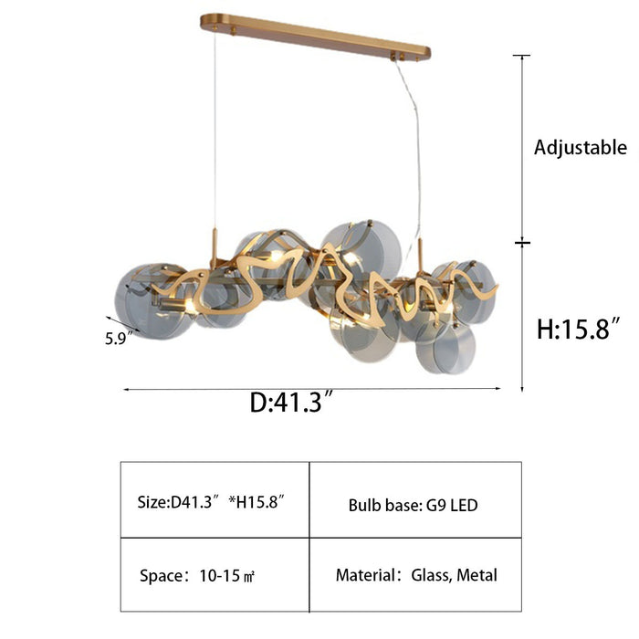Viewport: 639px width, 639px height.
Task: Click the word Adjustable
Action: point(581,148)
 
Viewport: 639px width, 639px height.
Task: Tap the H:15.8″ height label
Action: point(579,329)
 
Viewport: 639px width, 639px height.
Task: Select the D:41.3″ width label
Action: point(292,402)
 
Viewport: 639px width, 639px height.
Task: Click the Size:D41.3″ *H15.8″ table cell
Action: point(215,499)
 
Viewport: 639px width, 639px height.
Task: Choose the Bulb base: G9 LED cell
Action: point(415,499)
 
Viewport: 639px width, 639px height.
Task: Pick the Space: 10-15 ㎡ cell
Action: point(215,574)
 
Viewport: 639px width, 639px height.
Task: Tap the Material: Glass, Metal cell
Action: point(415,574)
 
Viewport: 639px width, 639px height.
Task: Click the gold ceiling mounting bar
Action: point(316,37)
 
